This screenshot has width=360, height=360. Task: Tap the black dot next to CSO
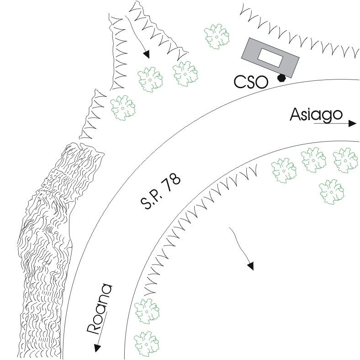(282, 78)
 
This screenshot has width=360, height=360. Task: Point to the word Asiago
(313, 115)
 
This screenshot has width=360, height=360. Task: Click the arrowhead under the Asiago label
(352, 123)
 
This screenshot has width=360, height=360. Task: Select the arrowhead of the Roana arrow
(97, 348)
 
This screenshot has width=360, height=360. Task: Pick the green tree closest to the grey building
(217, 35)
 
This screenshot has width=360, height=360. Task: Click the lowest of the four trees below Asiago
(331, 191)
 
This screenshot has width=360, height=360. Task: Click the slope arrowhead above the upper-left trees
(146, 55)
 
